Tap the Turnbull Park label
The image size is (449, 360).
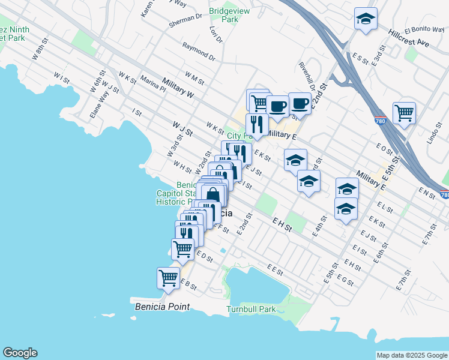pos(251,310)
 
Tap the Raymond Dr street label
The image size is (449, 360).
pos(199,51)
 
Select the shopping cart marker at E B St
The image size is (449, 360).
pos(169,278)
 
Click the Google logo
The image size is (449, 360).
pos(20,353)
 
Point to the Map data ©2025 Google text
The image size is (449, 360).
pos(412,355)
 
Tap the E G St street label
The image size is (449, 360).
pos(345,280)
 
